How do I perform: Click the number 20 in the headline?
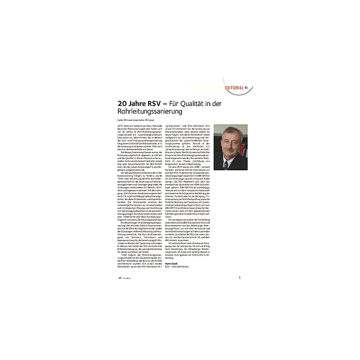(x=123, y=103)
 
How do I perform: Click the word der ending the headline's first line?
(x=230, y=103)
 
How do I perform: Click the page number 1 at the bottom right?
(x=239, y=278)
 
